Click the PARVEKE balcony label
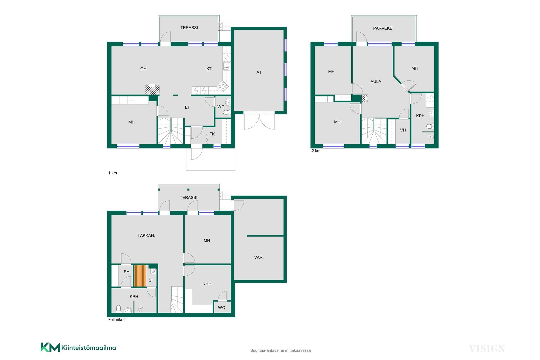pos(382,28)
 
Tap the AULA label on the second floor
pos(376,82)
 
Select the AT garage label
pos(259,73)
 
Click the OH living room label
pos(143,69)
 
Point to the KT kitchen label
pos(209,69)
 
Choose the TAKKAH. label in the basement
pos(146,235)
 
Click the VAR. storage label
pos(259,257)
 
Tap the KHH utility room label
pos(207,284)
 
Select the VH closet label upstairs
pos(403,130)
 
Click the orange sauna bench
pos(140,276)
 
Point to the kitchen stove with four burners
pos(222,86)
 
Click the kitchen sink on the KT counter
pos(226,66)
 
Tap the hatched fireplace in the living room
pos(152,89)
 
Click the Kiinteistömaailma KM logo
pos(78,347)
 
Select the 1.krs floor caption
pos(112,173)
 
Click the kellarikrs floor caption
pos(116,320)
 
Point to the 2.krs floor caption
pos(316,151)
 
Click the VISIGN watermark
pos(487,349)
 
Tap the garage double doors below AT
pos(259,120)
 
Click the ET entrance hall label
pos(187,107)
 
